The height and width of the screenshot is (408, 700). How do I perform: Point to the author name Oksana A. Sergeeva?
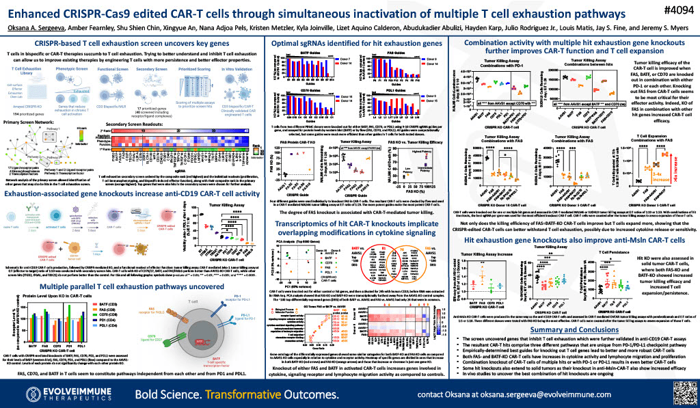point(32,27)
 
